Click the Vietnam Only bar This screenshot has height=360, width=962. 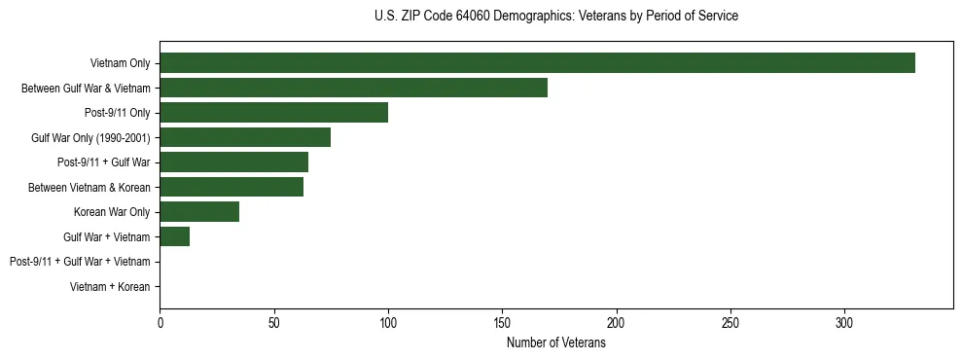537,63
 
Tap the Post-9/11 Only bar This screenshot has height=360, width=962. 273,113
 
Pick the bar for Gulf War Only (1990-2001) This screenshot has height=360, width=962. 245,137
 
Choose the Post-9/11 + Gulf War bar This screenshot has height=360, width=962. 233,162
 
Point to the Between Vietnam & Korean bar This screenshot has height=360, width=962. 232,187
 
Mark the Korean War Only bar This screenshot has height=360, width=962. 199,212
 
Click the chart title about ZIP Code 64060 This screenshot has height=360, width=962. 555,17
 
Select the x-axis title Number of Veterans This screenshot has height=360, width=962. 555,343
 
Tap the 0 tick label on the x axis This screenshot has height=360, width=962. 160,323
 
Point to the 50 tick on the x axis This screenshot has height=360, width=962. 274,323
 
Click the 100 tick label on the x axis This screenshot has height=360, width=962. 388,323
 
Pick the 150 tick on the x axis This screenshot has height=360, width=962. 502,323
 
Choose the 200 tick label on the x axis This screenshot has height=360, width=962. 617,323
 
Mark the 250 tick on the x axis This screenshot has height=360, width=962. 730,323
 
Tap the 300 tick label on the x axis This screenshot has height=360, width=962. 844,323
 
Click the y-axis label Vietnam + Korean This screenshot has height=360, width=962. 110,287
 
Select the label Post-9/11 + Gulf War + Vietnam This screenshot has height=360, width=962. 80,262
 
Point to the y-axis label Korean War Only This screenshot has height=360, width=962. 112,212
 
